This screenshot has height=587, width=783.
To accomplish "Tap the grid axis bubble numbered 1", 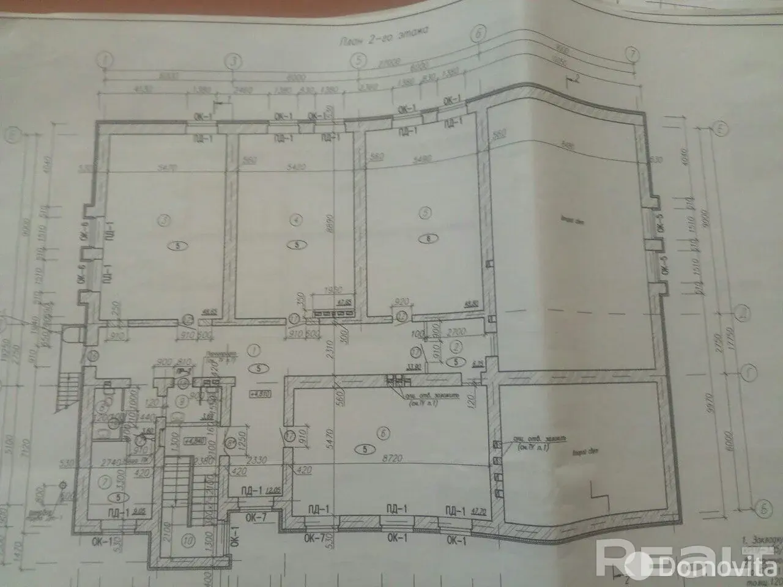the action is [x=106, y=61].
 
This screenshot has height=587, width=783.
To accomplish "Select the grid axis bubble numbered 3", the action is [x=233, y=61].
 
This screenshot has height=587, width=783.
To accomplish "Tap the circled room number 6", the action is [x=384, y=433].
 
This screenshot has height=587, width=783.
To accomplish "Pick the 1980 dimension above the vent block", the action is [x=331, y=289].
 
